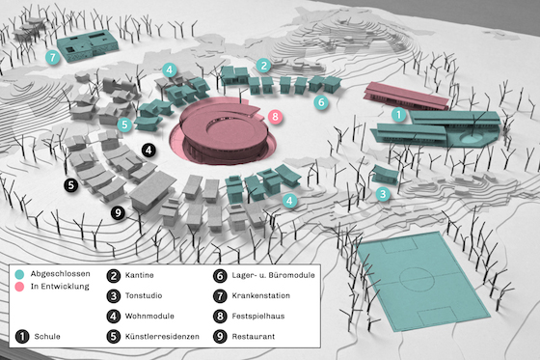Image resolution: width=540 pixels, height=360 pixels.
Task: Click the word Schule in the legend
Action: coord(49,336)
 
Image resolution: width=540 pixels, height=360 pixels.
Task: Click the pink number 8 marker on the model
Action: coord(276,117)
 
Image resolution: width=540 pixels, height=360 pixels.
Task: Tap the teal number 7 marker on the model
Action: coord(53,57)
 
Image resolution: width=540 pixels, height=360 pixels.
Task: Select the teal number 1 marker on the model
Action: coord(397,114)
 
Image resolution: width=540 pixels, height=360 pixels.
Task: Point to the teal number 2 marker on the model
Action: coord(262,65)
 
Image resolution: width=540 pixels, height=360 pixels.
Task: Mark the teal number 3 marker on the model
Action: coord(383,193)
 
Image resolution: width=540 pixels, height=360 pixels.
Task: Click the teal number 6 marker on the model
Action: coord(322,99)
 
